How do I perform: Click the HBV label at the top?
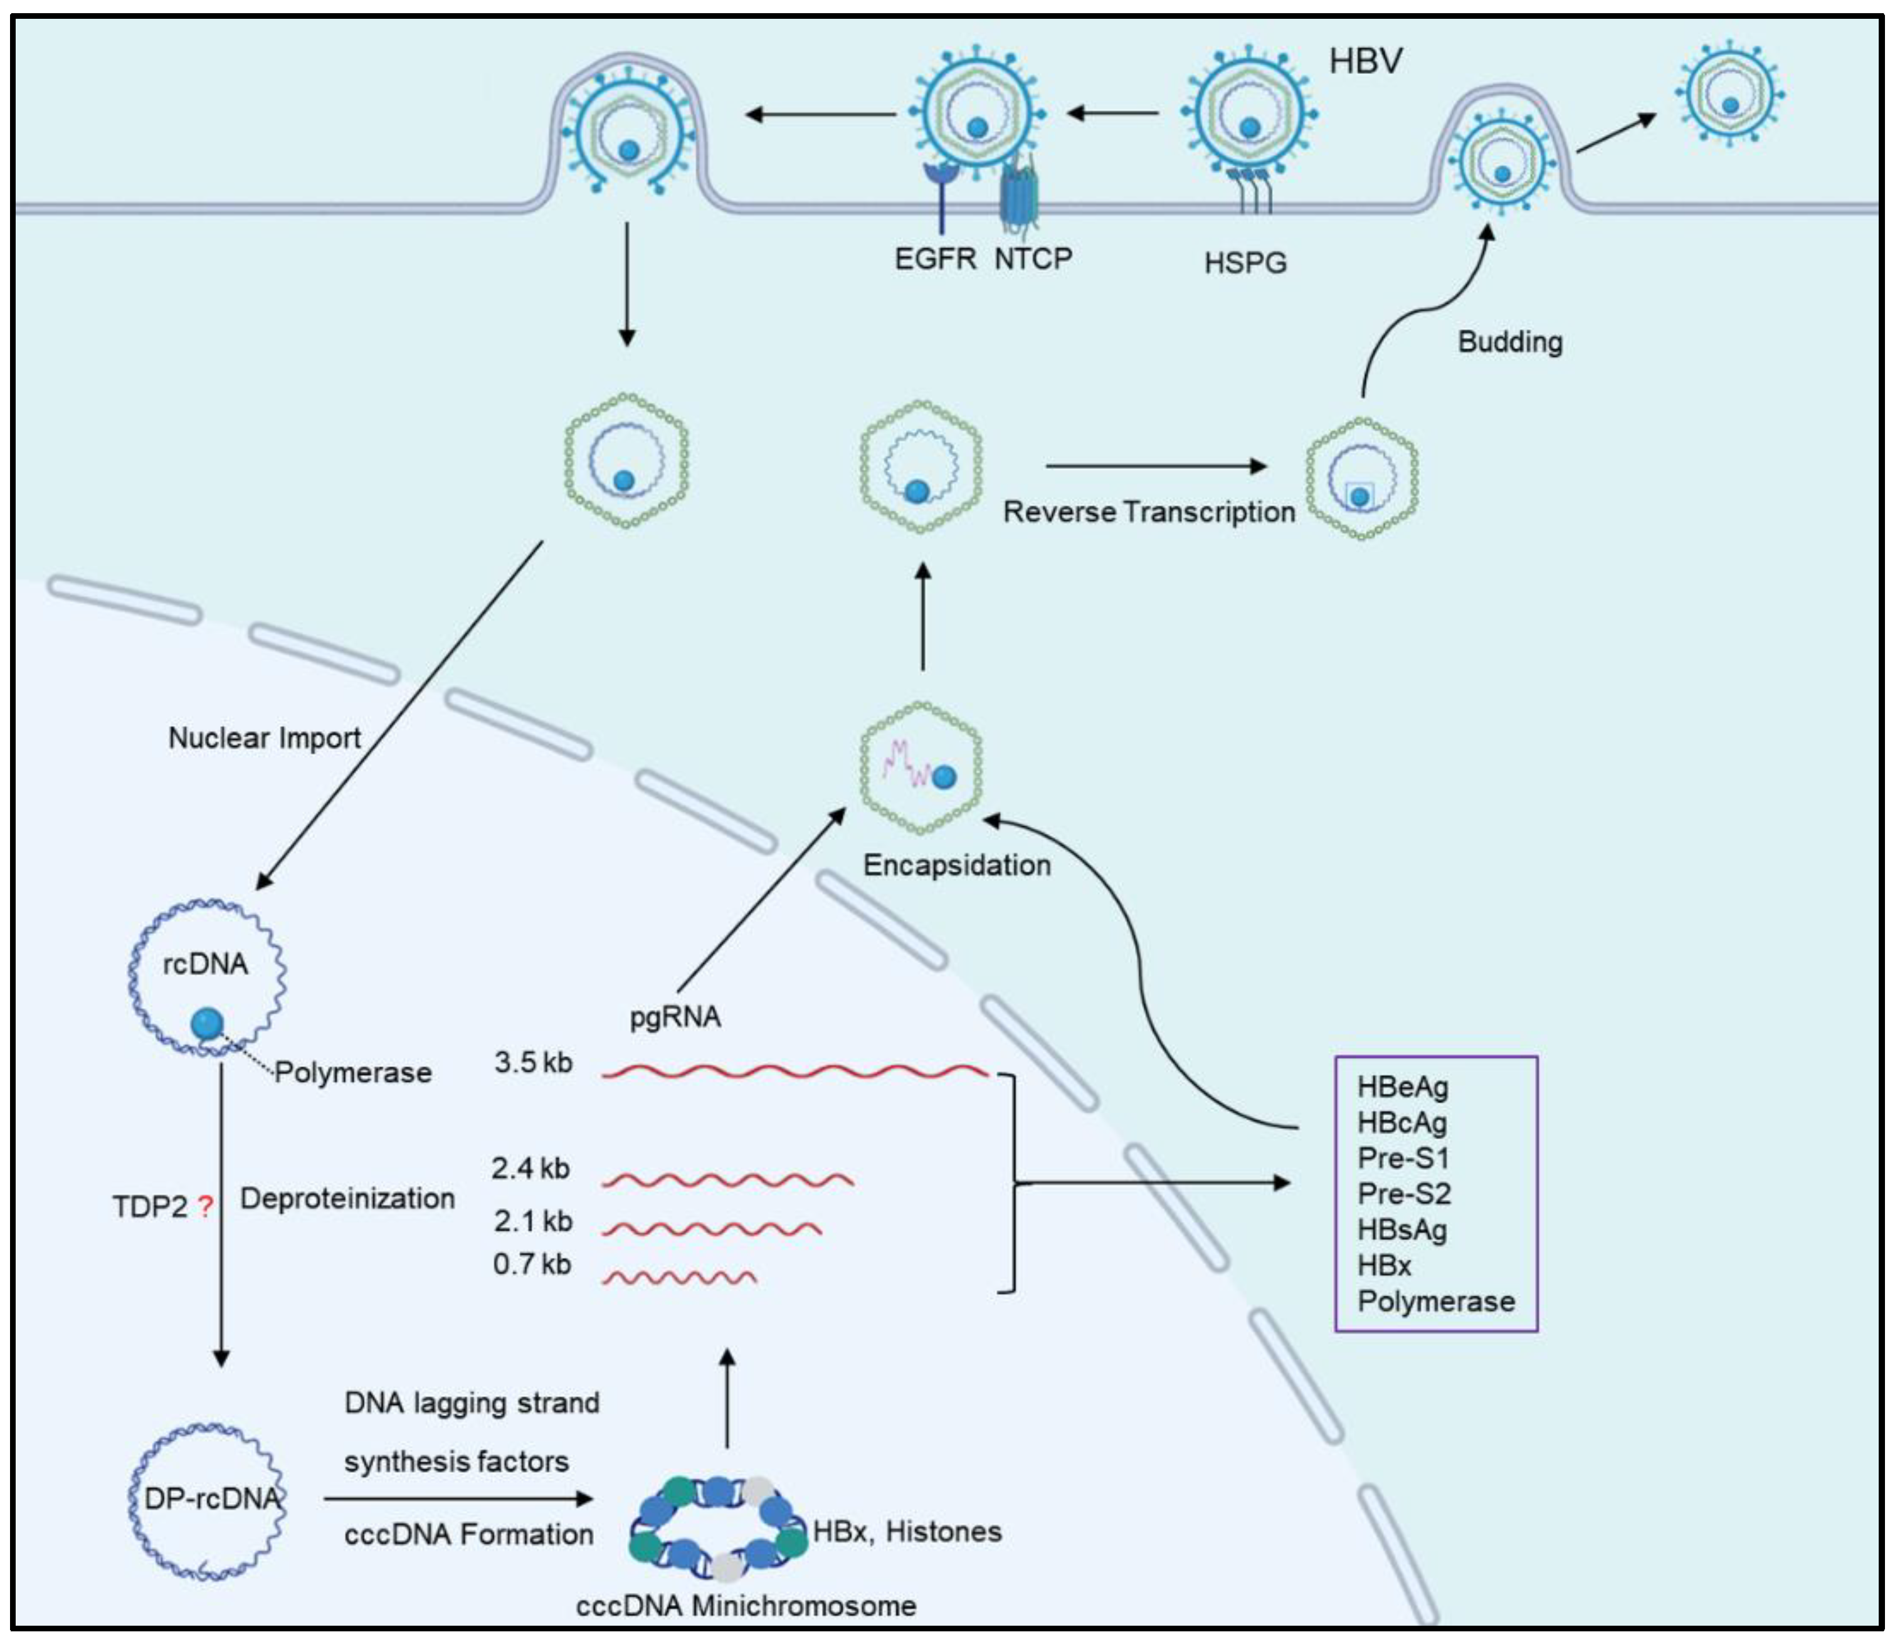(1365, 61)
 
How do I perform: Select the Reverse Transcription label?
(1148, 512)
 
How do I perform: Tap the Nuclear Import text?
(264, 738)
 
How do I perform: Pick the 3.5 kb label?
(532, 1062)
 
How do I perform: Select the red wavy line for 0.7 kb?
(679, 1276)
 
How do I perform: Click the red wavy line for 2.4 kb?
(727, 1180)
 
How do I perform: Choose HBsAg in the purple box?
(1402, 1229)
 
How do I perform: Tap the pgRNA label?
(675, 1017)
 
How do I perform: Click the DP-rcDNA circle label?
(211, 1498)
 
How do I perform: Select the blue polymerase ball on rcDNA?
(207, 1023)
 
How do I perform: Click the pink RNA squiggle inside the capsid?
(905, 763)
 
